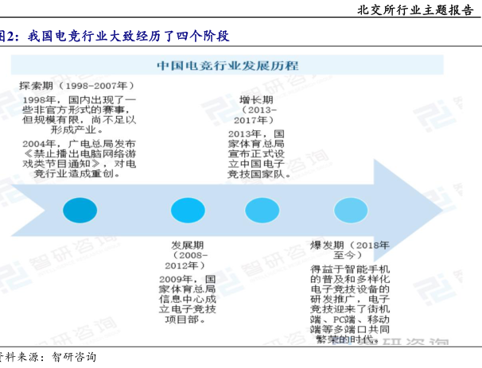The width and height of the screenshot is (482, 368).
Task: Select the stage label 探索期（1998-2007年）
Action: click(x=76, y=84)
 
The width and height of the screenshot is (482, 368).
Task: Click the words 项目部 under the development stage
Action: click(x=189, y=320)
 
